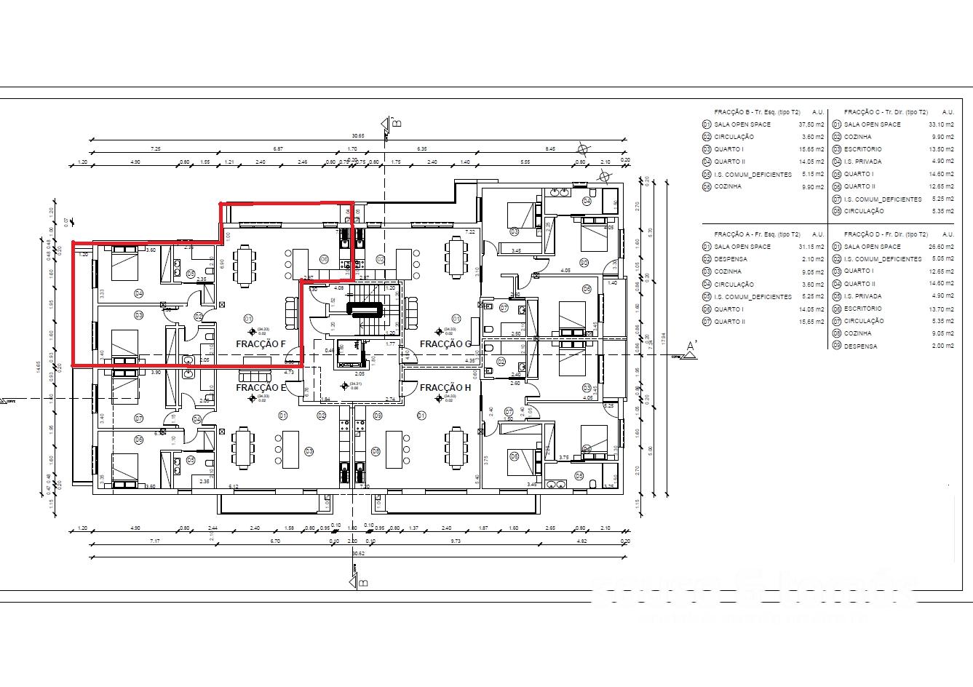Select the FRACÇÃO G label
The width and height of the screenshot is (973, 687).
click(x=445, y=343)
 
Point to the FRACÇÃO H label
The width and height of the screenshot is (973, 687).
click(x=445, y=388)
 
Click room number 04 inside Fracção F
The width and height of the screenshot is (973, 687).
click(x=138, y=293)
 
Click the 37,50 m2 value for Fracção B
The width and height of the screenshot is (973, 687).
click(x=813, y=124)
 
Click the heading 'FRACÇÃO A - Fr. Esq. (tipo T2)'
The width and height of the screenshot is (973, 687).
click(x=757, y=234)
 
